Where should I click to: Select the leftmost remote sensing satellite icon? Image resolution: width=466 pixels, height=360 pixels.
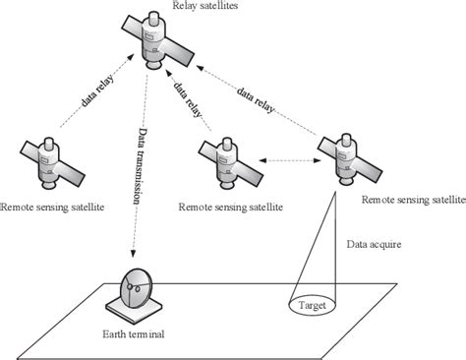47,160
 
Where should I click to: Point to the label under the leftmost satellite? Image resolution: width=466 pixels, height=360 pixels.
52,207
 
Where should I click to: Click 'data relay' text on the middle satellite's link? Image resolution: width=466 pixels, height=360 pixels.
184,100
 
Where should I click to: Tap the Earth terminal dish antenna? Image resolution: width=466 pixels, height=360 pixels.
133,288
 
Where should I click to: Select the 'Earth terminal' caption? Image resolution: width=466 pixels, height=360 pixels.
131,334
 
